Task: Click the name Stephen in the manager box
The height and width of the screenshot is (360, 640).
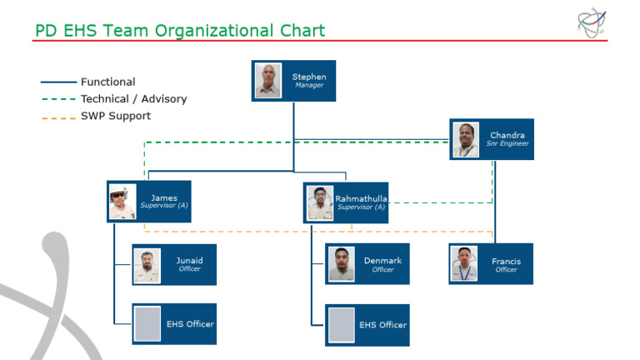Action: coord(309,77)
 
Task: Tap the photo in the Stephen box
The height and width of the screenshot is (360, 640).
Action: coord(268,81)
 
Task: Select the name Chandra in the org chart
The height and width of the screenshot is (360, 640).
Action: coord(507,135)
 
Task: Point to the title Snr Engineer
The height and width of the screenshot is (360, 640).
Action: coord(507,144)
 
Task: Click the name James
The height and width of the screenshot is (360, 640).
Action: coord(164,197)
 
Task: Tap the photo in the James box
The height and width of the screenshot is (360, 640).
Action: coord(122,202)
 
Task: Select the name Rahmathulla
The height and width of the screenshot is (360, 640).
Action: coord(361,198)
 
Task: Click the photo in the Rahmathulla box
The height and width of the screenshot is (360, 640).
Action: coord(320,202)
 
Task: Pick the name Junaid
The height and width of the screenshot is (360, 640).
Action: coord(189,260)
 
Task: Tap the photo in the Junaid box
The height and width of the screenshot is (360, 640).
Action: coord(147,265)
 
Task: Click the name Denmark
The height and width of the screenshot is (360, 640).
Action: coord(382,260)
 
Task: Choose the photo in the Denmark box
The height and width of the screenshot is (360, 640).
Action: coord(341,264)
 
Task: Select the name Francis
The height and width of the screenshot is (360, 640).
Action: coord(506,261)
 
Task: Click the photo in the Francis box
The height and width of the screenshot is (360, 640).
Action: coord(464,264)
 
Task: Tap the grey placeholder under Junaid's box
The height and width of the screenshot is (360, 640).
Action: coord(147,324)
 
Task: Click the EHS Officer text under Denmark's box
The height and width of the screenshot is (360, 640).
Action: coord(382,325)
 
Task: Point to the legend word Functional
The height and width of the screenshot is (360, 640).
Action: coord(107,82)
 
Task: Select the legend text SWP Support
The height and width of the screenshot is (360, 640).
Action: coord(116,116)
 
